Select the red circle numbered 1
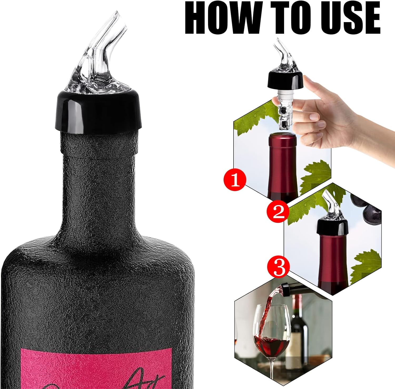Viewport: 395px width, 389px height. pos(235,181)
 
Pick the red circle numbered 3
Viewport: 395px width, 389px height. pos(279,267)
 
